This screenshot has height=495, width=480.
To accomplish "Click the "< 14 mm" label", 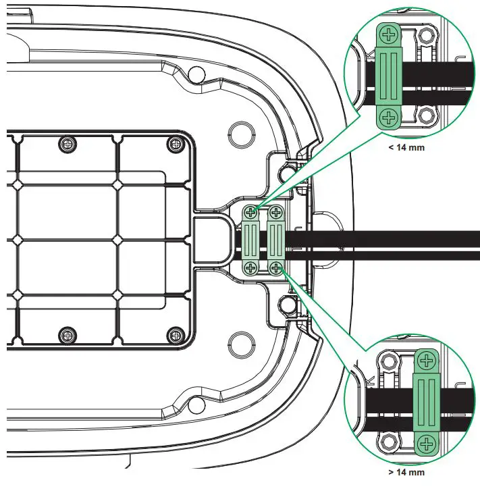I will (406, 147).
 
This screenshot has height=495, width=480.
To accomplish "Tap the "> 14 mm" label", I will (406, 473).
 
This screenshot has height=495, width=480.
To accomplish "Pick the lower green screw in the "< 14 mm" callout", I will (388, 118).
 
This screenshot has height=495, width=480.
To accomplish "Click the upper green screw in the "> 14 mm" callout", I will (426, 361).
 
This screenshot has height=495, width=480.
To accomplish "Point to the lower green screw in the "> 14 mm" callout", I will (426, 444).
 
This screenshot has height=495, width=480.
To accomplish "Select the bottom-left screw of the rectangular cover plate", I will (67, 334).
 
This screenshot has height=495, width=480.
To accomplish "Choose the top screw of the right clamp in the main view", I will (276, 213).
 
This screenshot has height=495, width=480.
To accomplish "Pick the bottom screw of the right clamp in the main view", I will (276, 268).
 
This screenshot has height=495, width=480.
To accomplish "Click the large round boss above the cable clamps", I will (240, 130).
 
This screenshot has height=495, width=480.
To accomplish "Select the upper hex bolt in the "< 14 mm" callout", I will (426, 35).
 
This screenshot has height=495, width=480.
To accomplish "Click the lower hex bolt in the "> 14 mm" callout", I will (388, 443).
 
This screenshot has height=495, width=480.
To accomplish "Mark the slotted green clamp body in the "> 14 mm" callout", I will (426, 402).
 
